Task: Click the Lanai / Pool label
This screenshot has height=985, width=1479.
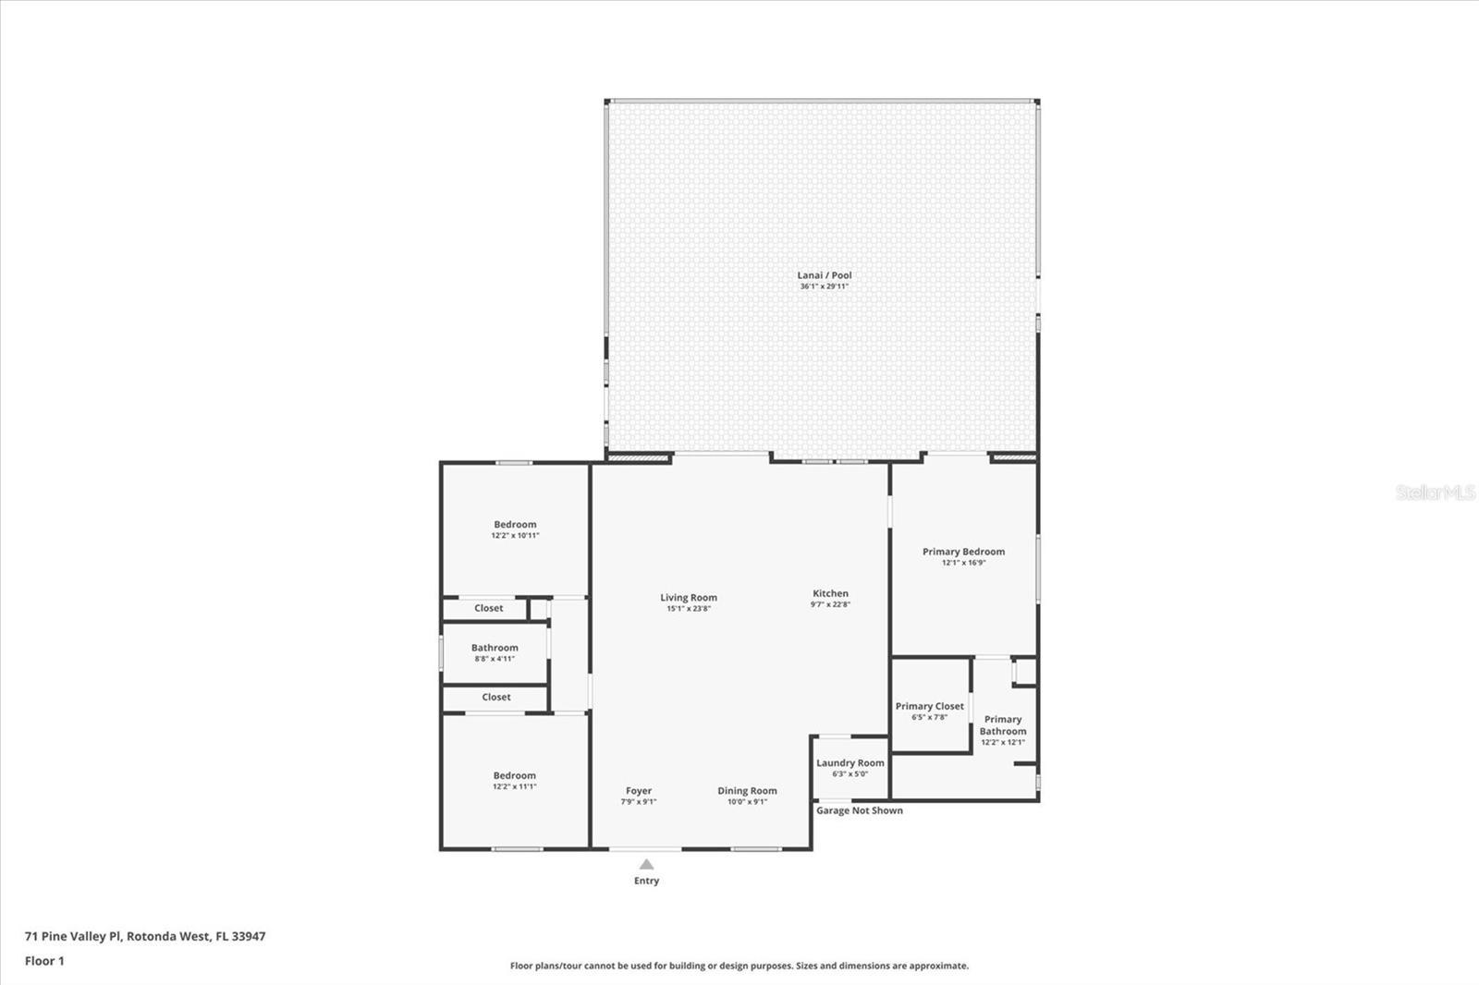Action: (x=825, y=275)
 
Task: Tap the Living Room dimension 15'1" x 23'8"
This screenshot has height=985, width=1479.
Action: (x=689, y=609)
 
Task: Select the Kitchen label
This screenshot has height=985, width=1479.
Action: (x=830, y=594)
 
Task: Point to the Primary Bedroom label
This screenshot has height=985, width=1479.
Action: (x=963, y=552)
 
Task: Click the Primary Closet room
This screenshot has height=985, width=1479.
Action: (x=930, y=707)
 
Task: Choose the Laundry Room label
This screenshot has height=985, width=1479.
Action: (x=850, y=763)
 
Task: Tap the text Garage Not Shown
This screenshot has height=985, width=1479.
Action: (x=860, y=811)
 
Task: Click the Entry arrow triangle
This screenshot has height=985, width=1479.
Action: (x=647, y=865)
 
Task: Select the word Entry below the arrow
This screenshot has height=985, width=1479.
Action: (x=647, y=882)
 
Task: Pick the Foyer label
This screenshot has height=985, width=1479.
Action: (x=639, y=791)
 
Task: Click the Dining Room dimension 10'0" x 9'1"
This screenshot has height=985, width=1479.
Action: (x=747, y=802)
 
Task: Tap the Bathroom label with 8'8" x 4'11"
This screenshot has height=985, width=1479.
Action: (x=495, y=649)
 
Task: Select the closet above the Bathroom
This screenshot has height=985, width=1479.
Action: (x=488, y=608)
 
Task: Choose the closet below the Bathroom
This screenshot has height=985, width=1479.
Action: (x=495, y=698)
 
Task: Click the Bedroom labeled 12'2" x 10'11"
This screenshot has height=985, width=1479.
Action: (x=515, y=525)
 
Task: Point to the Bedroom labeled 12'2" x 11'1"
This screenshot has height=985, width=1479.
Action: (x=515, y=776)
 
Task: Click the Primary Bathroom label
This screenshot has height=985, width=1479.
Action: (x=1003, y=725)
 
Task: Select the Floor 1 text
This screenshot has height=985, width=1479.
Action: (x=44, y=961)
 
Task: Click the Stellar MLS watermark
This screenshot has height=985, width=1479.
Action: (x=1436, y=493)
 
